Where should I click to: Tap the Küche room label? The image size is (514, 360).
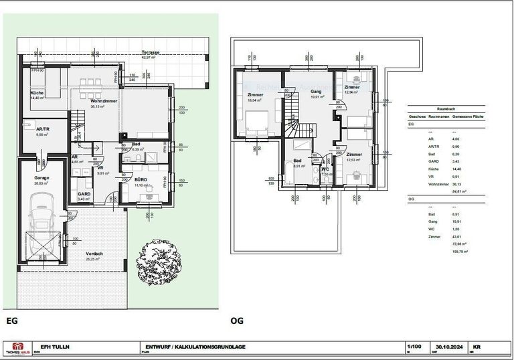coord(36,93)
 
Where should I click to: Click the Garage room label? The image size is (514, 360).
coord(42,177)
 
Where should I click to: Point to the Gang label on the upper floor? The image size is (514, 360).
coord(317,92)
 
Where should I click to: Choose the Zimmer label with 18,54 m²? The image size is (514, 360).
coord(255,96)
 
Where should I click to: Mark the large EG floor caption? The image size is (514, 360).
coord(11,321)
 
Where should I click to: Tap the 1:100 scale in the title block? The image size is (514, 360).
coord(415,347)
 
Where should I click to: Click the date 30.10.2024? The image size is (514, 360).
coord(446,347)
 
